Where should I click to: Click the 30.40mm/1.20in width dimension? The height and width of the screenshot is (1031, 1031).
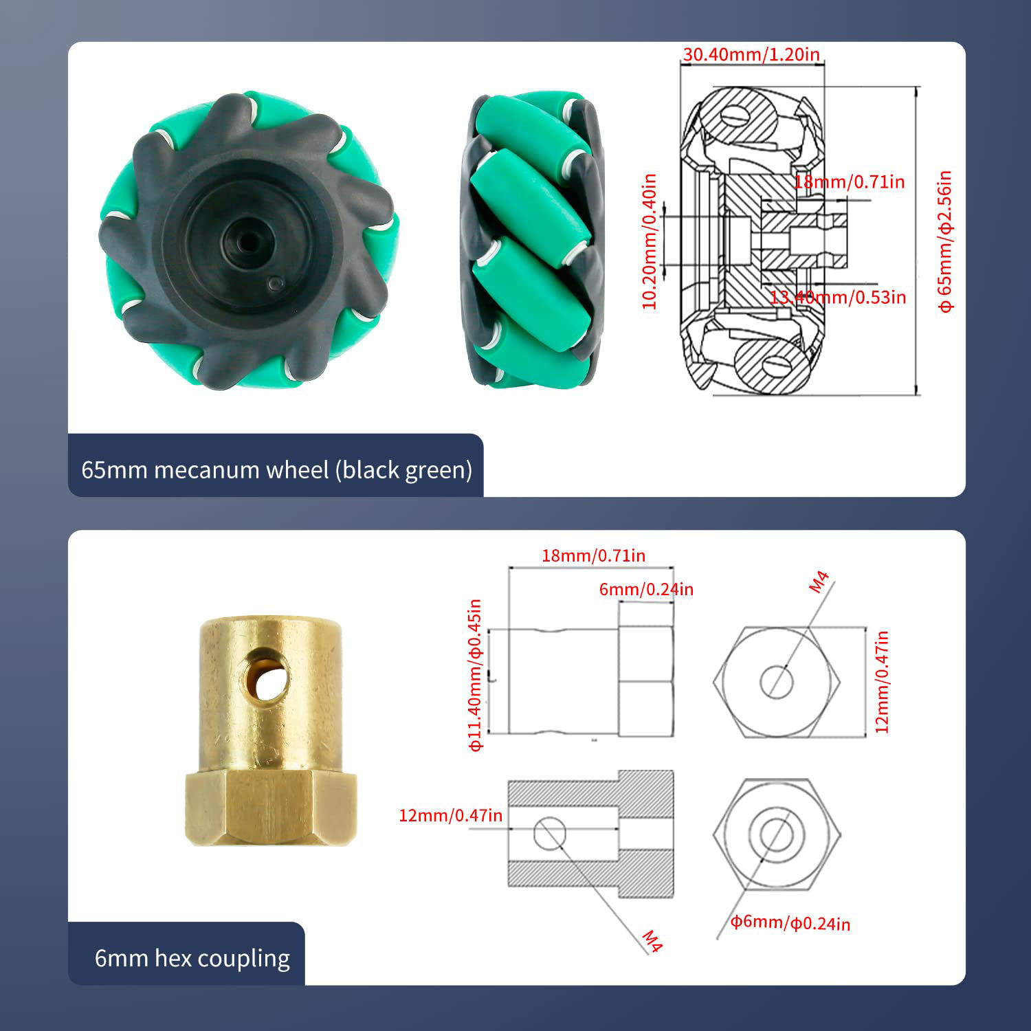click(x=751, y=54)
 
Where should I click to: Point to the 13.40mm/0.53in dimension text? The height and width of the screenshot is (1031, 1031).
click(x=838, y=297)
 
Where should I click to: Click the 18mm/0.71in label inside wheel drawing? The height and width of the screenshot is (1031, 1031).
click(x=850, y=182)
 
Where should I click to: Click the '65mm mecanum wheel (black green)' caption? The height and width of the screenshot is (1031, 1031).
click(x=276, y=470)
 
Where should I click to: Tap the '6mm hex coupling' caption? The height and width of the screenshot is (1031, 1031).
click(x=192, y=958)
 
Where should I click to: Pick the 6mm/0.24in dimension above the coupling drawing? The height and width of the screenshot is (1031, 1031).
click(x=646, y=589)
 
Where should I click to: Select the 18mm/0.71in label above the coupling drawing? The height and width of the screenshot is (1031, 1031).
click(x=593, y=555)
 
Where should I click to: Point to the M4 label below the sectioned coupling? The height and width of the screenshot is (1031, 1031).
click(x=652, y=941)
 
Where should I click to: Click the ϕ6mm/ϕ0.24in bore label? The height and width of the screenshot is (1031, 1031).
click(x=790, y=922)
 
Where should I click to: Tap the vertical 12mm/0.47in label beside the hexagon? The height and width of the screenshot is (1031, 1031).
click(x=882, y=682)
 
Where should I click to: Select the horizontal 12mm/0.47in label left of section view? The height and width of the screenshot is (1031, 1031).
click(x=450, y=816)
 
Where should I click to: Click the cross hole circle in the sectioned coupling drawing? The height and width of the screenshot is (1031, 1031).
click(x=550, y=833)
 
